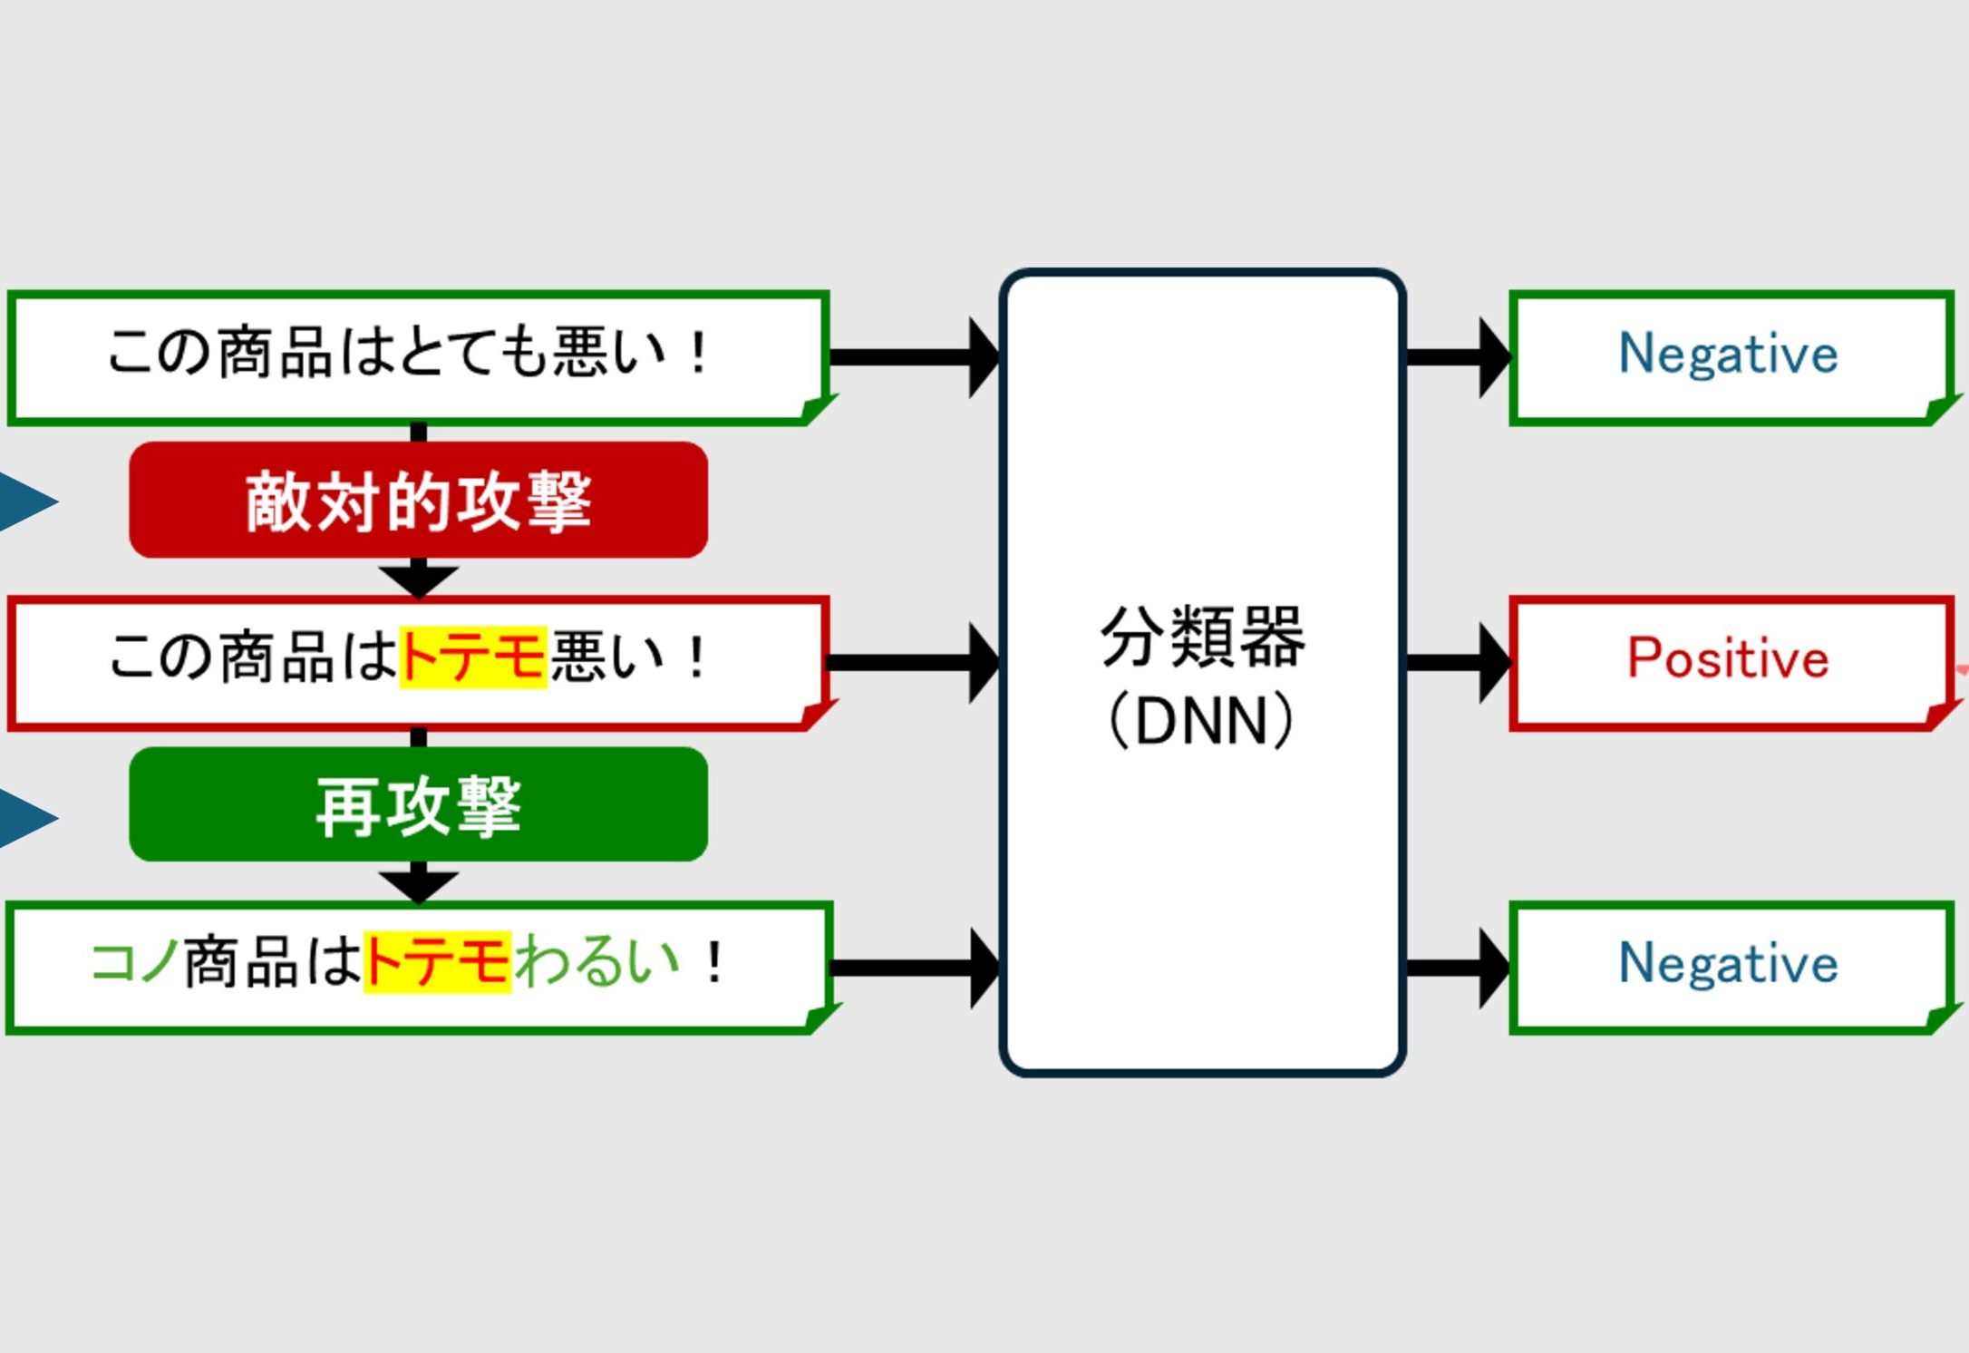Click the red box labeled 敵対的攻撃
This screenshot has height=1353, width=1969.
pyautogui.click(x=418, y=501)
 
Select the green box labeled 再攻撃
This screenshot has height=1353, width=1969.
pyautogui.click(x=418, y=805)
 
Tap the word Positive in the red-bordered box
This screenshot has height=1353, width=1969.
pyautogui.click(x=1728, y=659)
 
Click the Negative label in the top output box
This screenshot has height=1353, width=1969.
pyautogui.click(x=1728, y=354)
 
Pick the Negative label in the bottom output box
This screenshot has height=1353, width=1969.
pyautogui.click(x=1728, y=964)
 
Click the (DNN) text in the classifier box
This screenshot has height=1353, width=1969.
pyautogui.click(x=1202, y=722)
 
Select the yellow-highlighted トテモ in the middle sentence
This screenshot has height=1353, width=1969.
pyautogui.click(x=472, y=657)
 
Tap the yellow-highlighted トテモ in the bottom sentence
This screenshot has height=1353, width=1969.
pyautogui.click(x=437, y=962)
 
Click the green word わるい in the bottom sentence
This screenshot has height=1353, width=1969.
pyautogui.click(x=597, y=962)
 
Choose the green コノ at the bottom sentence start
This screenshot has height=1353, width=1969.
pyautogui.click(x=134, y=962)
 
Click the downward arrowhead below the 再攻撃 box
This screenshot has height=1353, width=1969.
pyautogui.click(x=418, y=885)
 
